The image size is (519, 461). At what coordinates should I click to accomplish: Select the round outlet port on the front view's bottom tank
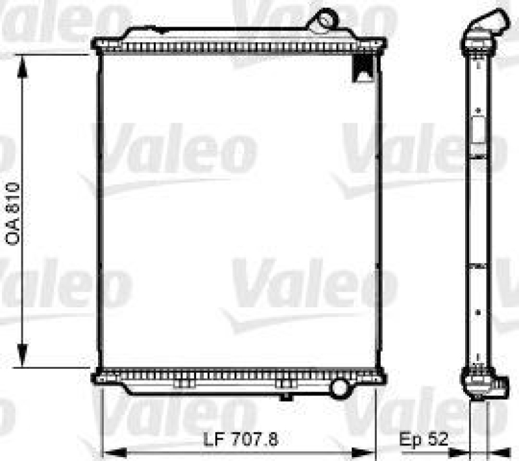[x=339, y=388]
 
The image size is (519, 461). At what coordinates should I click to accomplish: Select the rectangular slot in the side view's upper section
[x=478, y=133]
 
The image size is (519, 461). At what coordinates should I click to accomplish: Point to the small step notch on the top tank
[x=150, y=29]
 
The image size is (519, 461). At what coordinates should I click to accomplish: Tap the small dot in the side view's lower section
[x=478, y=313]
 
